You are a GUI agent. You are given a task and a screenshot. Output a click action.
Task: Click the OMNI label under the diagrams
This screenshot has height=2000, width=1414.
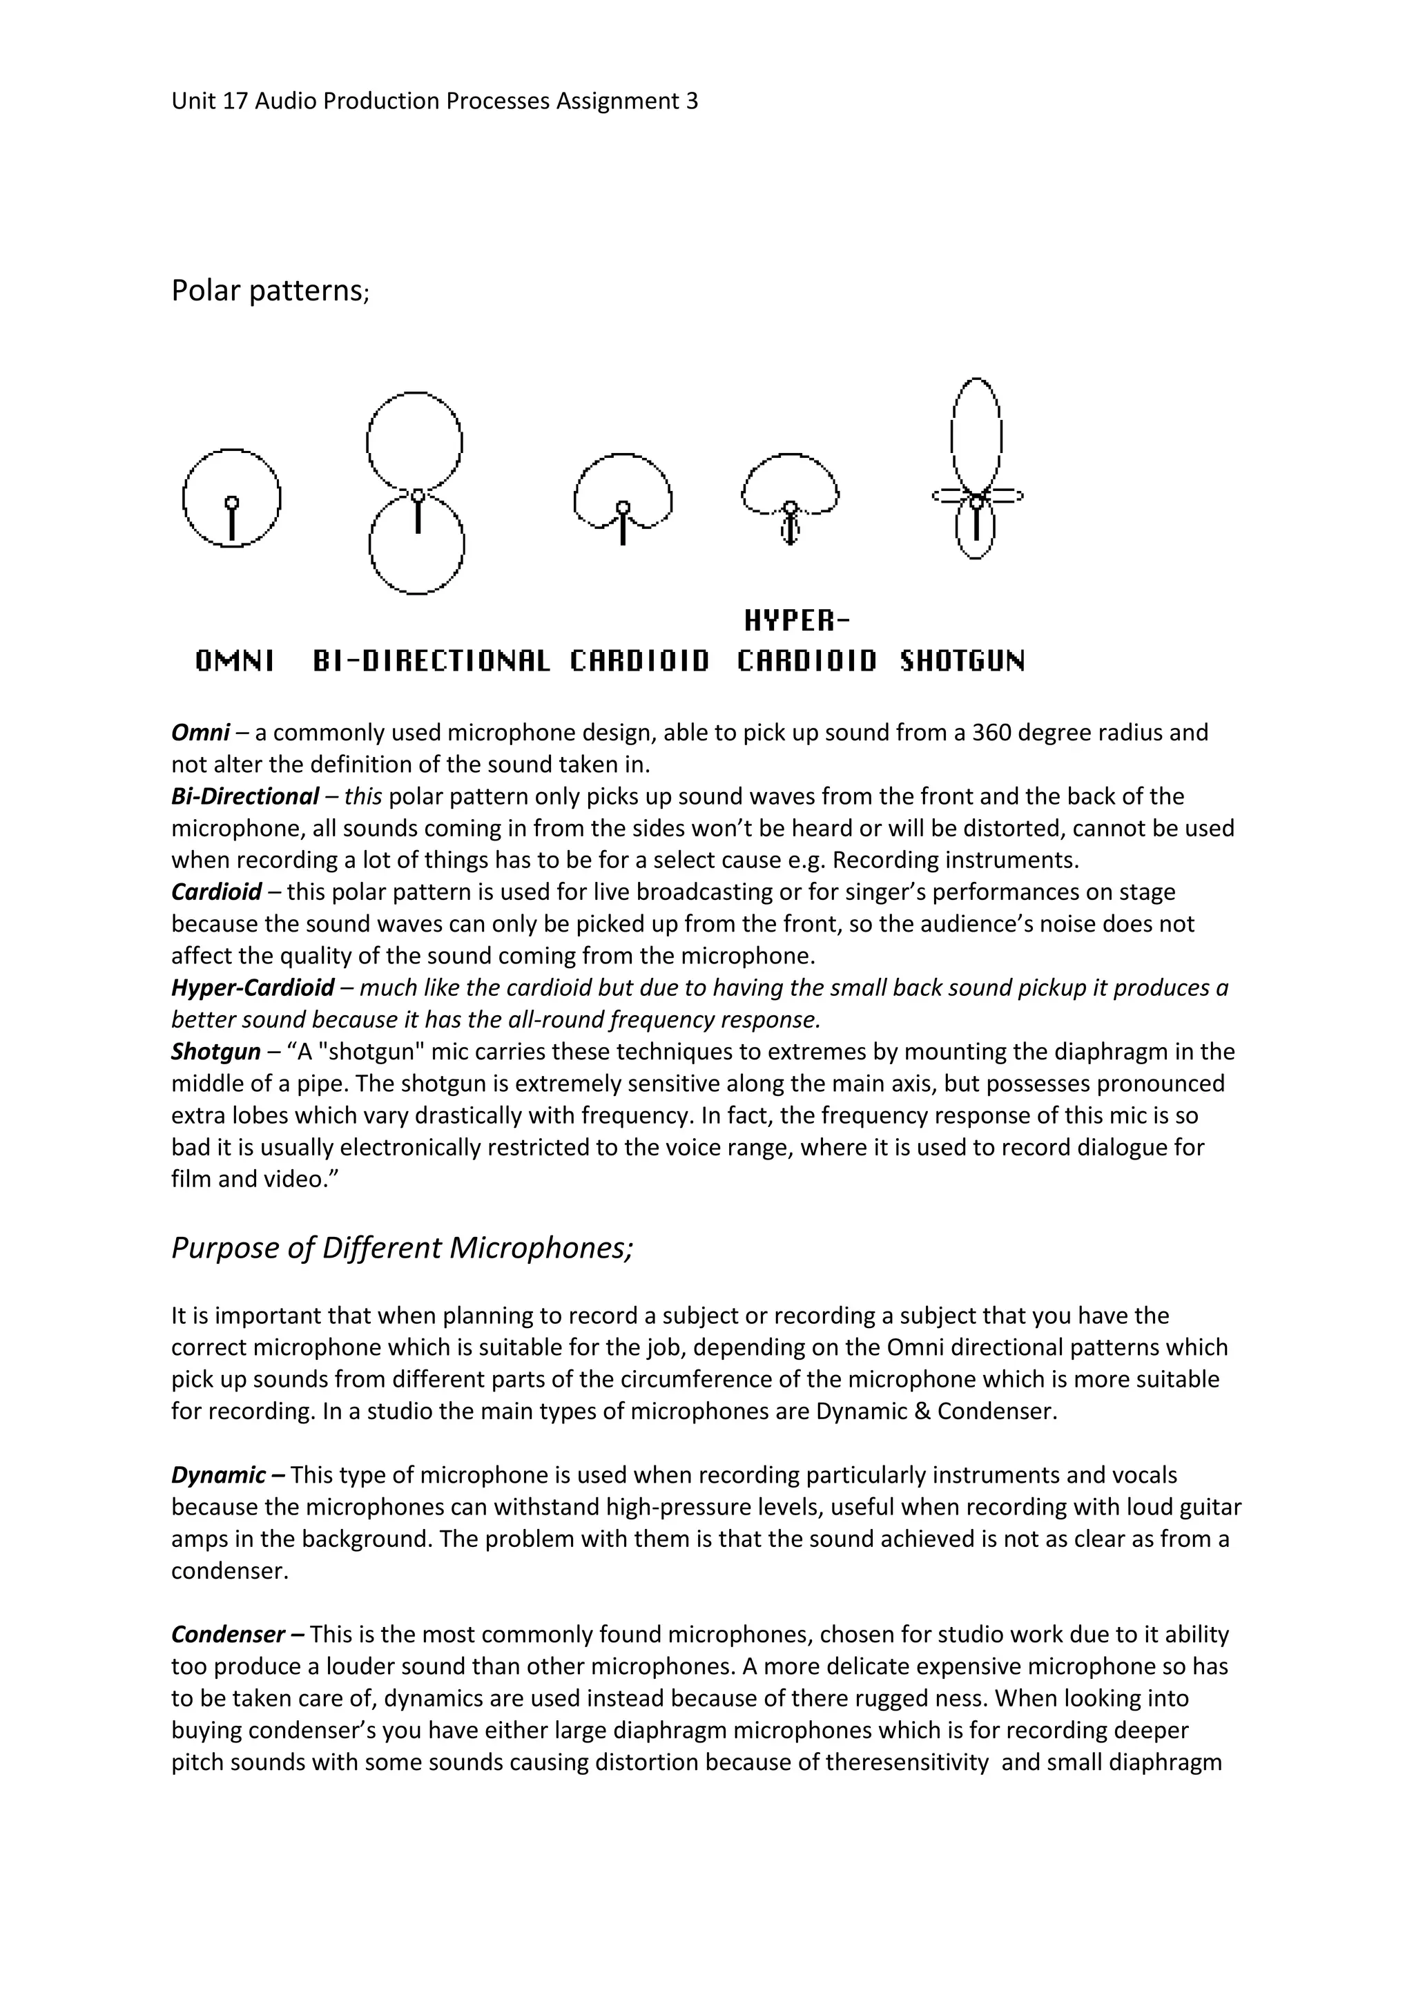coord(234,662)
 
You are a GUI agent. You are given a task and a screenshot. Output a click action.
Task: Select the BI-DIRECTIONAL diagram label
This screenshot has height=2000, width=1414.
coord(431,662)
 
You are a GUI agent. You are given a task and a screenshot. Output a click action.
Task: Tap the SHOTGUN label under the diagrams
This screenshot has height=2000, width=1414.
coord(962,662)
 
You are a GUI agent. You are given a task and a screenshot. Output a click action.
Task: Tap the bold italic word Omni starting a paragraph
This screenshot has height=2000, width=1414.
coord(200,733)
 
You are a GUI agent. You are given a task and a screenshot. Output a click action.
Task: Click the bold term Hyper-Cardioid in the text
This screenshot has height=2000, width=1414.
coord(253,988)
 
